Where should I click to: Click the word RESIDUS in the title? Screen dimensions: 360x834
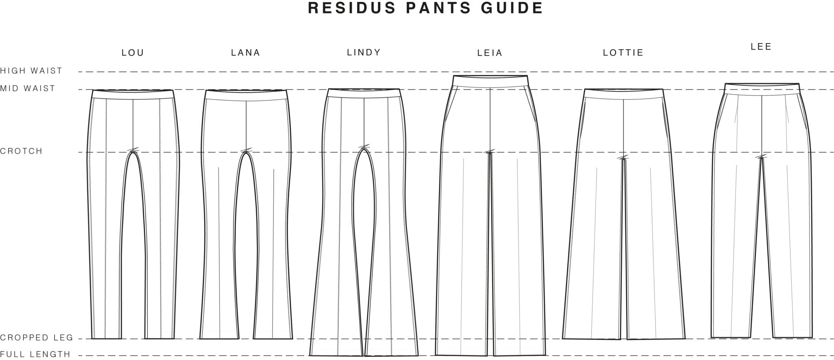point(352,8)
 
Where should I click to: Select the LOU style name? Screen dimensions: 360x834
point(133,53)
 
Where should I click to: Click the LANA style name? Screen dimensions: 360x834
point(246,53)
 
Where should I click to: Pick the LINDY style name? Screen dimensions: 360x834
point(364,53)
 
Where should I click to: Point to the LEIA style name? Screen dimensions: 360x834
point(490,53)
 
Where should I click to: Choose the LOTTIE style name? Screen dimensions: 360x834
point(623,53)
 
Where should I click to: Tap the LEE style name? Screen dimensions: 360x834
point(761,47)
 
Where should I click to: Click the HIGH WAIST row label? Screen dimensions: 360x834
point(31,71)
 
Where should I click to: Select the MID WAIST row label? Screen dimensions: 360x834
point(28,88)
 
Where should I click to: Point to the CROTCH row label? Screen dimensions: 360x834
point(21,151)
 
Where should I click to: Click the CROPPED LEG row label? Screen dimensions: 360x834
point(37,338)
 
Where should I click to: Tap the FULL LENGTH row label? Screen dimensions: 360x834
point(35,354)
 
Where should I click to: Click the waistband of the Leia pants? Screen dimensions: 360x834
point(490,81)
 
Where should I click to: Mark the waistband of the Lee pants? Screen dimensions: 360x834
point(762,89)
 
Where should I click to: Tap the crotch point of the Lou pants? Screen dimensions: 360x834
point(133,151)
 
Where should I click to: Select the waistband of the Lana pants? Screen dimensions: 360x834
point(246,95)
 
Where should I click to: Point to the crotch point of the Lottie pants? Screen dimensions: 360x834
point(623,158)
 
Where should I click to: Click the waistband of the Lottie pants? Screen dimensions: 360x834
point(623,94)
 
